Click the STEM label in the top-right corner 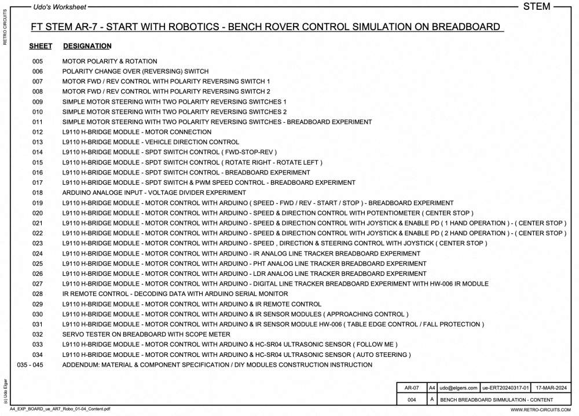click(536, 7)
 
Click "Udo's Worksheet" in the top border click(60, 7)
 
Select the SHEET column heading click(41, 46)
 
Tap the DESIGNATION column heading click(87, 46)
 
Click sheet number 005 click(38, 61)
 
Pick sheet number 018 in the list click(38, 193)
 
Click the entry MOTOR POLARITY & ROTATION click(109, 61)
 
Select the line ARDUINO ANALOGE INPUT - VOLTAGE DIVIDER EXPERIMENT click(146, 193)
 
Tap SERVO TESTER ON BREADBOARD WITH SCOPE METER click(146, 334)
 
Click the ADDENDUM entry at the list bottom click(217, 365)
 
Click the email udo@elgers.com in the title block click(459, 388)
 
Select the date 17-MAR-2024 click(551, 388)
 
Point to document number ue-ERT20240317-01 click(506, 388)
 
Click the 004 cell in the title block click(412, 400)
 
